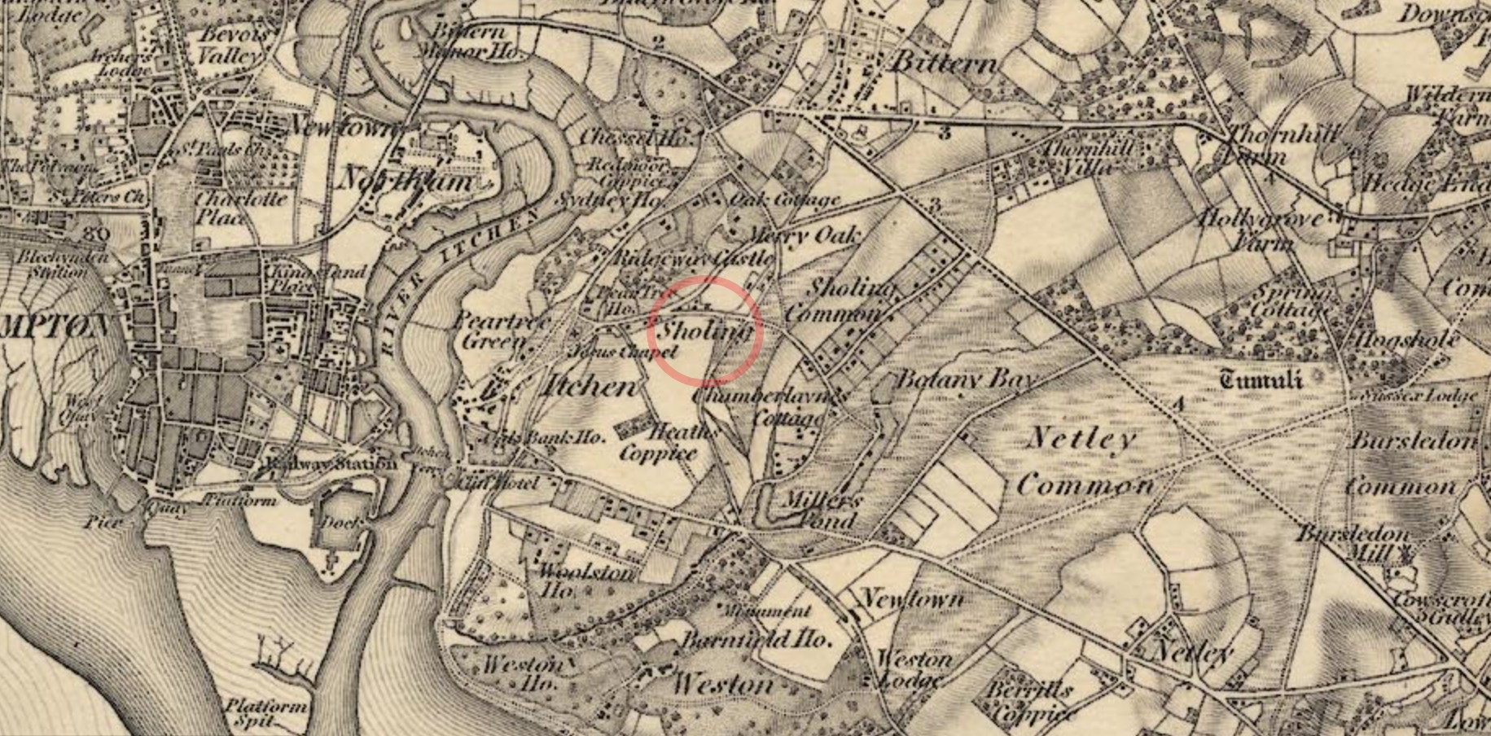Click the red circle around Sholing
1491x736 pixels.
coord(705,330)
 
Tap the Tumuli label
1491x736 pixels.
coord(1261,379)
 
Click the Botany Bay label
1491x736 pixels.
coord(965,379)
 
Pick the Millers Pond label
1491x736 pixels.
coord(819,510)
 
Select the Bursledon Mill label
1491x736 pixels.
coord(1351,545)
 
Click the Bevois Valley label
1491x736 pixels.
coord(231,45)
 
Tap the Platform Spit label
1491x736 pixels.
coord(265,713)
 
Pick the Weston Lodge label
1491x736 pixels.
coord(911,669)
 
